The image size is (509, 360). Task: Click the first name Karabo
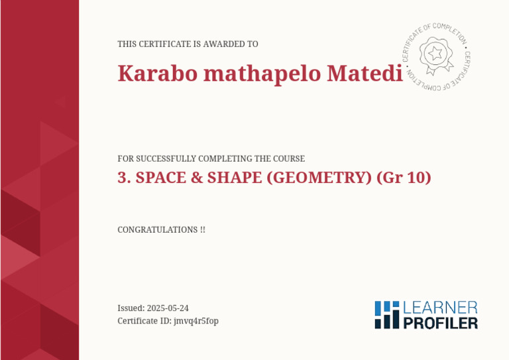158,73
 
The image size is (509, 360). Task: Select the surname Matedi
365,73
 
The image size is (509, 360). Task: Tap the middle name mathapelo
262,74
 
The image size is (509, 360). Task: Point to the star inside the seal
435,53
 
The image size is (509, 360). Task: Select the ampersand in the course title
196,178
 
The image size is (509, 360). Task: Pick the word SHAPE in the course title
235,178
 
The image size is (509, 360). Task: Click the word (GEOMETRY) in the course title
319,178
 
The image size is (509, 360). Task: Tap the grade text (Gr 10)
404,178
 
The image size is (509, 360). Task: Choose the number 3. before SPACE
125,178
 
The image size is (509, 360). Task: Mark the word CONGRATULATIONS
158,230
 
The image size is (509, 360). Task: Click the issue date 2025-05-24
168,308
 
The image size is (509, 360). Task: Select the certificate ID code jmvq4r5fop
196,322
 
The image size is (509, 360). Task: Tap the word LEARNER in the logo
440,308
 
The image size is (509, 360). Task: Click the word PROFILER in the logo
441,324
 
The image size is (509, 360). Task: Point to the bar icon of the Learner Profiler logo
387,314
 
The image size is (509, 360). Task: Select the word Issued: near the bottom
131,308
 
